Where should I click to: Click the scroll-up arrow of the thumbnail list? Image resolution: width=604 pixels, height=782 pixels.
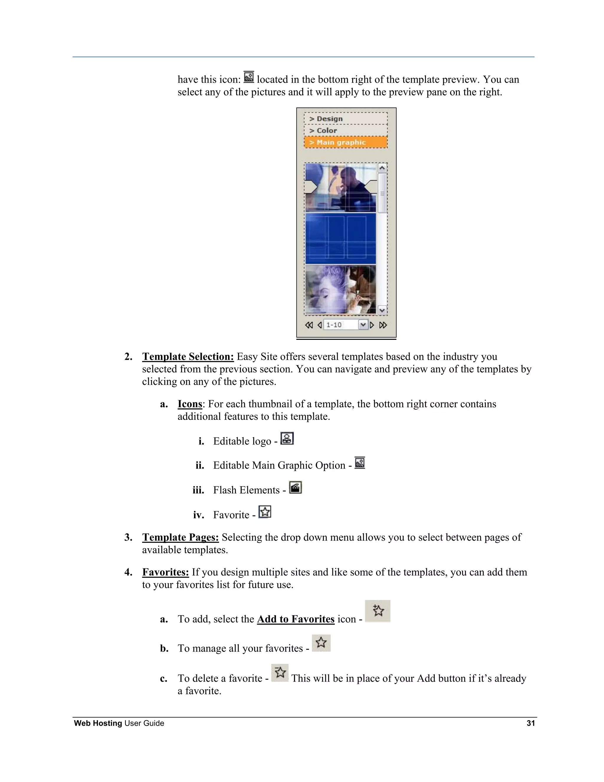click(382, 168)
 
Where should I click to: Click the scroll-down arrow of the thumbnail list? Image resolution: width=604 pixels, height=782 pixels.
click(382, 310)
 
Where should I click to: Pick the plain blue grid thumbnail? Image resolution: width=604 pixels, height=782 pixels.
click(340, 238)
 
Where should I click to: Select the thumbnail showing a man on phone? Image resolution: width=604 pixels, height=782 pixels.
click(340, 188)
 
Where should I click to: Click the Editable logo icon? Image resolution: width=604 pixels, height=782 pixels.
click(287, 438)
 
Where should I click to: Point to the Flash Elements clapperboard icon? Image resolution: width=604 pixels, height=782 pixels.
click(296, 487)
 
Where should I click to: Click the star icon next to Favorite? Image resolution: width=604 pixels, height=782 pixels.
click(265, 512)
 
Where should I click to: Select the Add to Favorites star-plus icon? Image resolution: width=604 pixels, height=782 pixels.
click(378, 611)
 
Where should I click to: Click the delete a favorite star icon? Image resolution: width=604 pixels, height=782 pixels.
click(280, 673)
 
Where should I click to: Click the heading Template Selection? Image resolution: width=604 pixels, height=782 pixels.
click(188, 357)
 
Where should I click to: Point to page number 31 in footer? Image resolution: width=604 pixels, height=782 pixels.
click(531, 723)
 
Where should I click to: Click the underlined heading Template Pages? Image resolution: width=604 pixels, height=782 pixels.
click(180, 537)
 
